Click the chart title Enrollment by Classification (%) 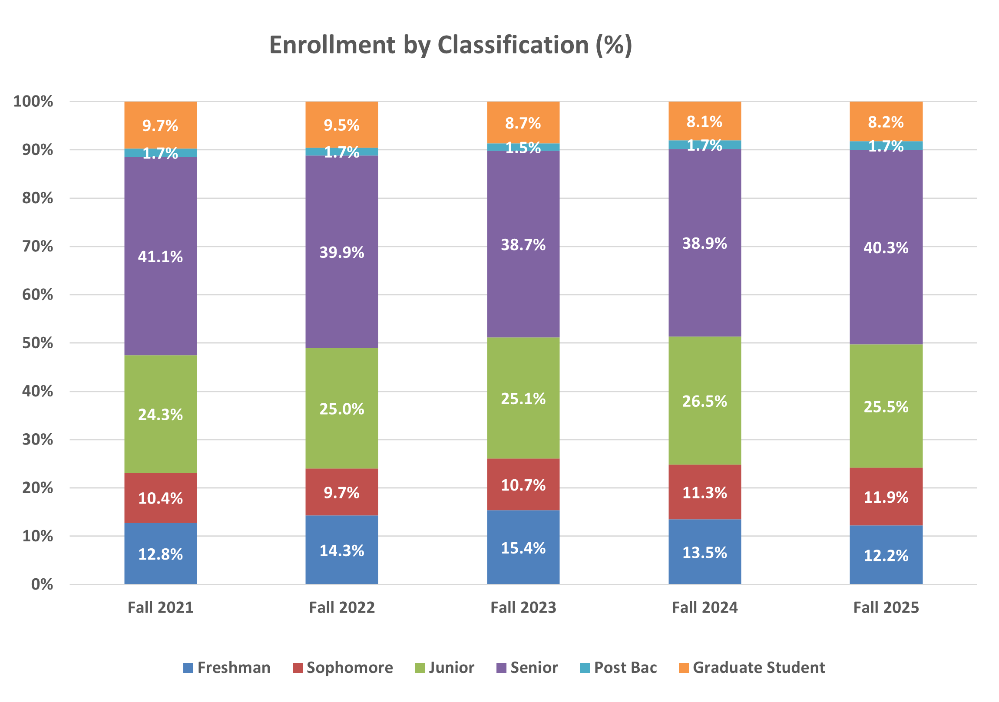(450, 45)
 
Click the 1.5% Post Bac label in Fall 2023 (523, 148)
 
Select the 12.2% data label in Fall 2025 (886, 555)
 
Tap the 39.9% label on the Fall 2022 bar (341, 252)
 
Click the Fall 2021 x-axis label (160, 608)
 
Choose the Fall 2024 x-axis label (705, 608)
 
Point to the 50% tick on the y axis (37, 343)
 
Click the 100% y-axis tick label (33, 102)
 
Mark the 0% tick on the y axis (42, 584)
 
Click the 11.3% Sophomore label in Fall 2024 (705, 493)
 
